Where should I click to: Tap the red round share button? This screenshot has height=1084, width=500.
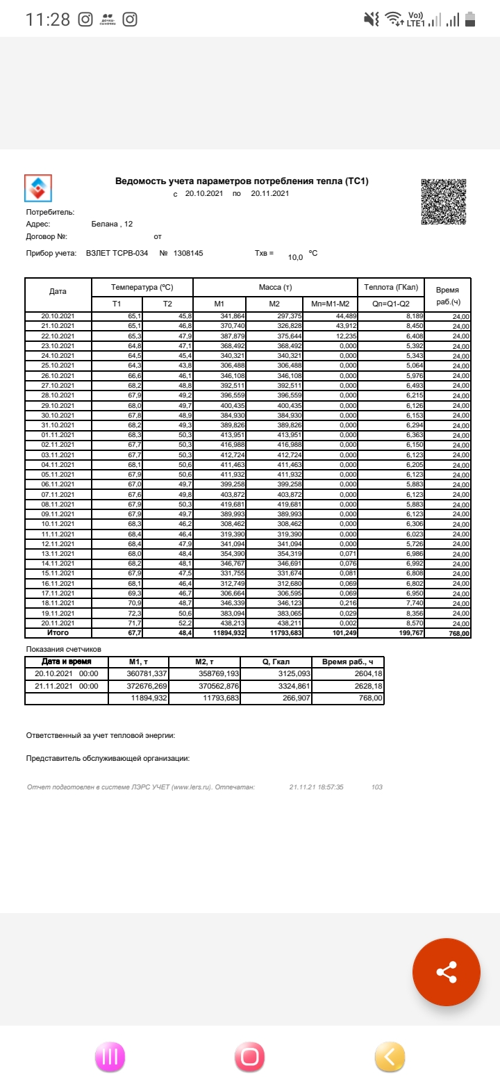click(446, 971)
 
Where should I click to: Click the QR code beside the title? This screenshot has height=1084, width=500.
click(443, 202)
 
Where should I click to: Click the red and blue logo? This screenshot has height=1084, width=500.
click(38, 188)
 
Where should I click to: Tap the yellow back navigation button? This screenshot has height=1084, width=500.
click(390, 1057)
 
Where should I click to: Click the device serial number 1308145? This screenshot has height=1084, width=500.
click(188, 254)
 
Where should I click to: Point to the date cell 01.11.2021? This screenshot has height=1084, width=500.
click(58, 435)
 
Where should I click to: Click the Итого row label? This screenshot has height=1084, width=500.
click(58, 633)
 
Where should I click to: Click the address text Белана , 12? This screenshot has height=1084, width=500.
click(112, 224)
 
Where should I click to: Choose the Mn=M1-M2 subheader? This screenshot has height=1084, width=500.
click(329, 304)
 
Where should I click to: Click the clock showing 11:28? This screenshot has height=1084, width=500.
click(48, 19)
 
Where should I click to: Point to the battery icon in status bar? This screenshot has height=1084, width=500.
click(470, 19)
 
